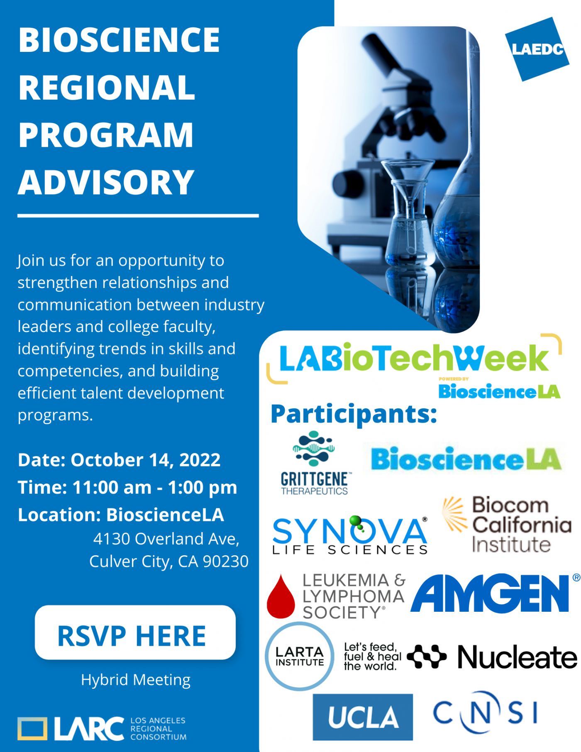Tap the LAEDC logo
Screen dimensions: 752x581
click(537, 49)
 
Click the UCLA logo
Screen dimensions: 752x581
click(363, 717)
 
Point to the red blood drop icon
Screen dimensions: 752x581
click(281, 598)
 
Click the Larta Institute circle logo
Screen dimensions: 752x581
click(300, 656)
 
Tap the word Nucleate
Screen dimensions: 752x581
click(517, 657)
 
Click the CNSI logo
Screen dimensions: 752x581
click(485, 713)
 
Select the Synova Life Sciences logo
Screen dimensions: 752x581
click(350, 536)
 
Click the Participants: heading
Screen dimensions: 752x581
click(354, 414)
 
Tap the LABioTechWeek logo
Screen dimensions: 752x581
click(414, 359)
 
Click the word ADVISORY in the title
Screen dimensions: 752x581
click(106, 183)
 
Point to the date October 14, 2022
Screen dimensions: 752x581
click(145, 460)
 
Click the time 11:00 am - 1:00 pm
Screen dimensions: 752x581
click(154, 488)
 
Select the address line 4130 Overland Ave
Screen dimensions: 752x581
click(166, 539)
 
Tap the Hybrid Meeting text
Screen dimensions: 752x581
click(136, 680)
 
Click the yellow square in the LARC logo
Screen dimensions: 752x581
click(32, 728)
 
